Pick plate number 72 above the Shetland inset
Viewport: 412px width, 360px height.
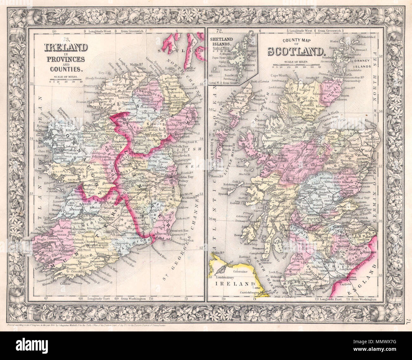pos(218,31)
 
